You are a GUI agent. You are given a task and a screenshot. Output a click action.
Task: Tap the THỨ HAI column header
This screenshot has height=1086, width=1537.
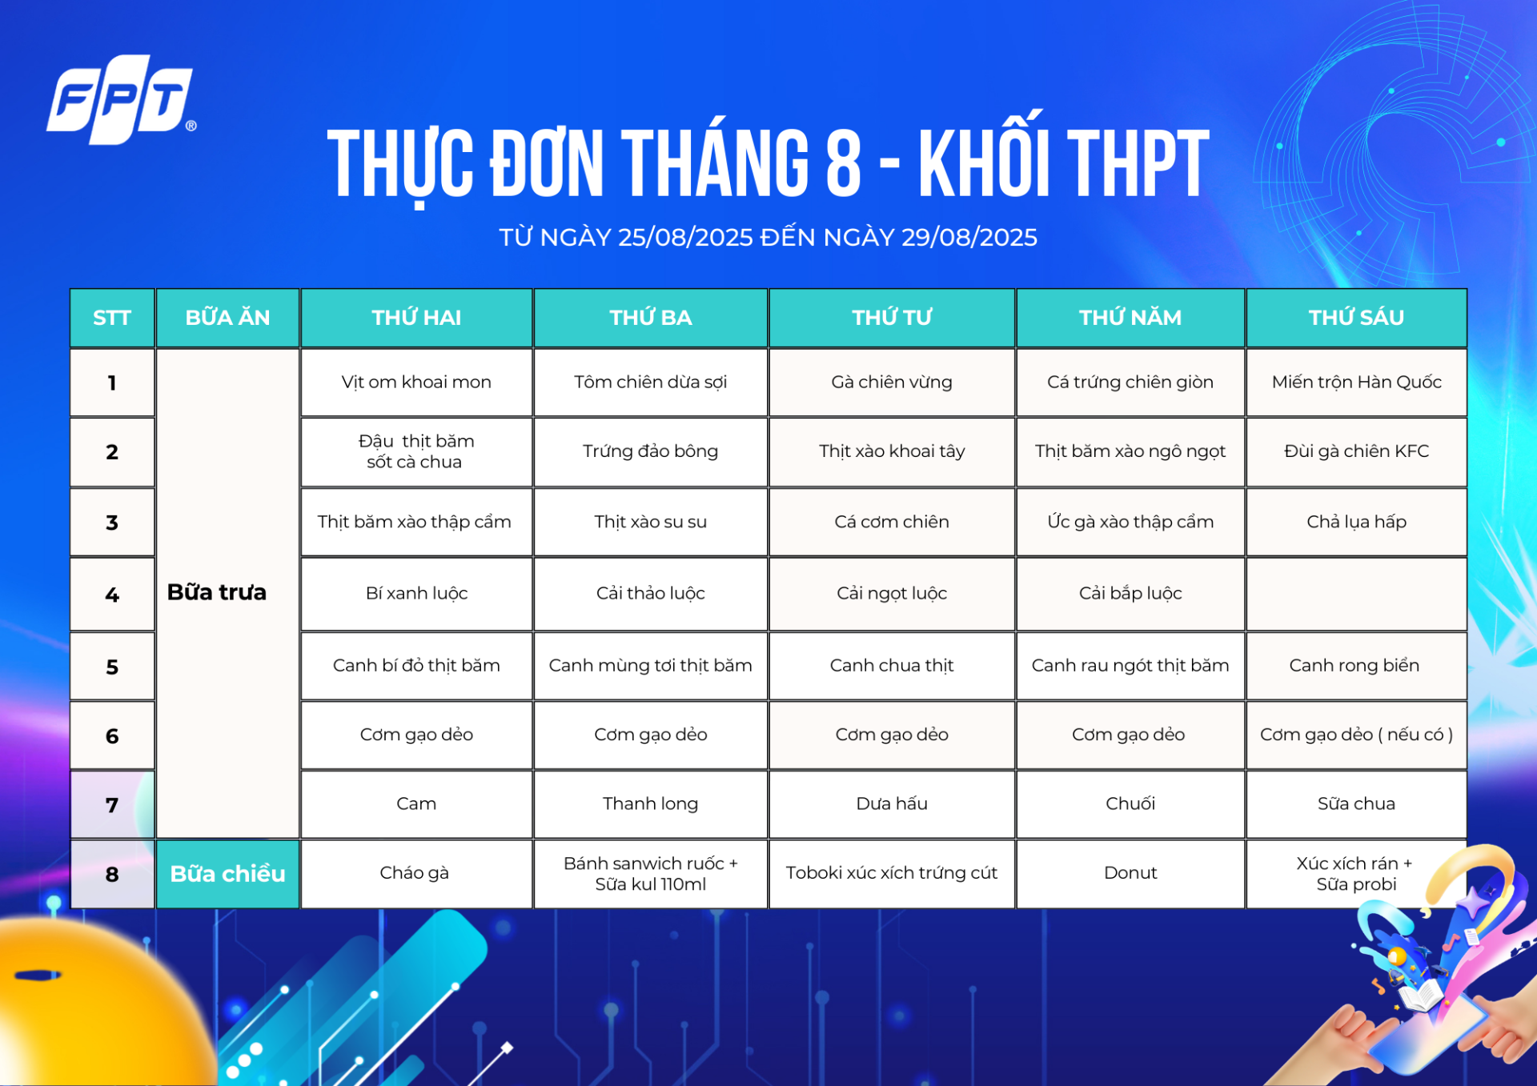(x=416, y=318)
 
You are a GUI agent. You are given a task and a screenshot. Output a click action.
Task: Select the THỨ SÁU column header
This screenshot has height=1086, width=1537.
(x=1356, y=318)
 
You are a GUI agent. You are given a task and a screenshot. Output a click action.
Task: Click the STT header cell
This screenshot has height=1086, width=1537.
(x=112, y=318)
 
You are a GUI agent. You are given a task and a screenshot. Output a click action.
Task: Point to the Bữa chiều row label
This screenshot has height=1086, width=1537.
(x=227, y=874)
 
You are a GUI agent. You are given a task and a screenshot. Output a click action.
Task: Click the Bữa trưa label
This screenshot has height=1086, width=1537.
(x=217, y=592)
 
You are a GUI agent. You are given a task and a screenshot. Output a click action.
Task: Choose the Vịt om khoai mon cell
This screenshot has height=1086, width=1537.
(x=416, y=383)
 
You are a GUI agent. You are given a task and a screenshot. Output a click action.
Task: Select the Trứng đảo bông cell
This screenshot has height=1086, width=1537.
(x=650, y=451)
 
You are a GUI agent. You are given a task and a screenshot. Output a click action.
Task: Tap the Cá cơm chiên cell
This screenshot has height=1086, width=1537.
(x=892, y=522)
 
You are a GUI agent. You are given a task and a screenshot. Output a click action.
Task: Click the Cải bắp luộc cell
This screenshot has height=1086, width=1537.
(x=1130, y=593)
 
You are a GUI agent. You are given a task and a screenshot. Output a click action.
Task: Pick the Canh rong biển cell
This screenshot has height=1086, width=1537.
(x=1356, y=665)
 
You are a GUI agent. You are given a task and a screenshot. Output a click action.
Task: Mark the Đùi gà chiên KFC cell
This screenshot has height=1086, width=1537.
(x=1356, y=451)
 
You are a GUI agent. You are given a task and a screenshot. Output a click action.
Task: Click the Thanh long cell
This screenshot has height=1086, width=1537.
(x=650, y=803)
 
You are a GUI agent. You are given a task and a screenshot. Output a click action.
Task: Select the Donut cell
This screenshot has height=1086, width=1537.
(x=1130, y=873)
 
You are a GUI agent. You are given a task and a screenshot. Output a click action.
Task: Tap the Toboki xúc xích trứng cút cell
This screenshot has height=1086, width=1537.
(x=892, y=873)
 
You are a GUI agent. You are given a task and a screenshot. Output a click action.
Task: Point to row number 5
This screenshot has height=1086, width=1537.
(x=112, y=667)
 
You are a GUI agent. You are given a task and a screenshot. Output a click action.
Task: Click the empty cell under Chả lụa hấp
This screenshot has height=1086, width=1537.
(x=1356, y=594)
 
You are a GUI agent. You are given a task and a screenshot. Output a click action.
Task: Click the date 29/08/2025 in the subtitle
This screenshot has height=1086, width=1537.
(x=969, y=237)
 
